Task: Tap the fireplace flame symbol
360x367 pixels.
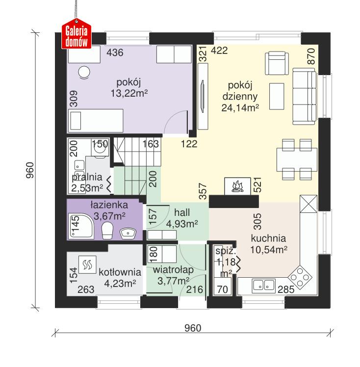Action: click(237, 186)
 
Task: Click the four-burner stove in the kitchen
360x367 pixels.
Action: click(300, 277)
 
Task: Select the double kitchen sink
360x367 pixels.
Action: click(264, 286)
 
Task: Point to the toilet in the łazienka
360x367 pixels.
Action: click(107, 231)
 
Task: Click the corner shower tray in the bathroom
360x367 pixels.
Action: click(81, 226)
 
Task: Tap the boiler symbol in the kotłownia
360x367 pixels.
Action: click(87, 264)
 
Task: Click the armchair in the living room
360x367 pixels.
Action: click(277, 63)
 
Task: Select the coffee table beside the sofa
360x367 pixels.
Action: click(277, 96)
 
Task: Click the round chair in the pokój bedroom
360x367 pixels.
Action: click(84, 72)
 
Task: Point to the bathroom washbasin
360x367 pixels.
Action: click(128, 234)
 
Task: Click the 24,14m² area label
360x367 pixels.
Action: click(240, 108)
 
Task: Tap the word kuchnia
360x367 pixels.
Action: click(268, 238)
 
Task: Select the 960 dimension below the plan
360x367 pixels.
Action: click(193, 328)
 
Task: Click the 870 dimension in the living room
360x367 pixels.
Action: click(311, 56)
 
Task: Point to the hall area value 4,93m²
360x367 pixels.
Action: click(182, 224)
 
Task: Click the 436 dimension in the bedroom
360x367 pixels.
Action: click(115, 52)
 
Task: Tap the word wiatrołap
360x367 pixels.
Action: click(173, 270)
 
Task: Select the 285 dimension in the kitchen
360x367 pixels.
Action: click(286, 289)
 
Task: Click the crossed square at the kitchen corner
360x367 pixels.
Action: click(309, 204)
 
